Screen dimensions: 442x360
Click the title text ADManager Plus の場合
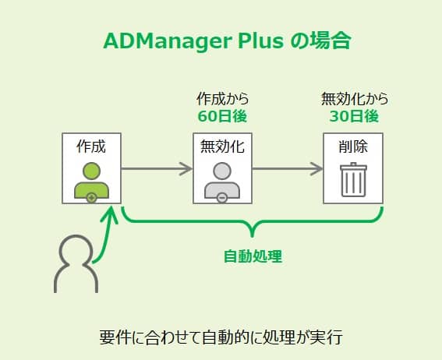pos(227,41)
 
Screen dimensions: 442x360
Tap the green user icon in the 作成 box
pos(91,182)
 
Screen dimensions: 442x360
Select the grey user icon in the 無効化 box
pos(222,182)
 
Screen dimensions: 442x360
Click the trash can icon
pos(353,180)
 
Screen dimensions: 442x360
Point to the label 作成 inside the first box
pos(91,146)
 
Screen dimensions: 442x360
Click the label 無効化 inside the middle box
pos(222,146)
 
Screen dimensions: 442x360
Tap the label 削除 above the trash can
pos(353,146)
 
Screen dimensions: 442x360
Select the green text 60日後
pos(222,116)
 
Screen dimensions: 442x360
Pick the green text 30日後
pos(354,116)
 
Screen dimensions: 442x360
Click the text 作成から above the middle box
pos(223,99)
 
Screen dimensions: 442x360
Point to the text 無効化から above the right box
pos(355,99)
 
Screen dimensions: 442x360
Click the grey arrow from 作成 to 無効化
pos(157,169)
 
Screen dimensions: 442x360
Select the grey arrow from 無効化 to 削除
pos(287,169)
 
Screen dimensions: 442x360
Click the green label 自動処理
pos(253,256)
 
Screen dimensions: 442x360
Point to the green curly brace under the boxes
pos(253,221)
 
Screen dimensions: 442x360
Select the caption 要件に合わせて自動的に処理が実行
pos(221,337)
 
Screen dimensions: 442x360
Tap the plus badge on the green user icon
pos(91,198)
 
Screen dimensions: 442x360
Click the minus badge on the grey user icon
pos(222,198)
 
